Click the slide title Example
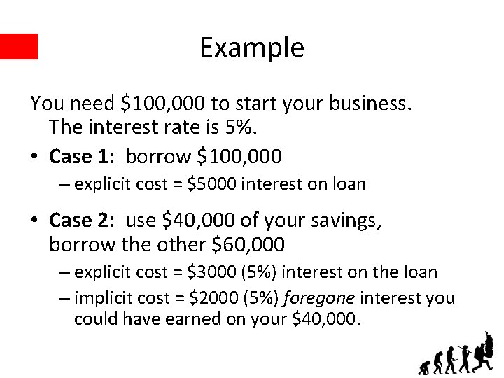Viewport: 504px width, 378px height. click(251, 48)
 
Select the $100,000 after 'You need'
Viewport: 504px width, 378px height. click(162, 104)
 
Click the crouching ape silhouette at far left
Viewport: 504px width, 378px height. click(423, 367)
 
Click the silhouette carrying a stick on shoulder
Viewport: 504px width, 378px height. click(465, 360)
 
